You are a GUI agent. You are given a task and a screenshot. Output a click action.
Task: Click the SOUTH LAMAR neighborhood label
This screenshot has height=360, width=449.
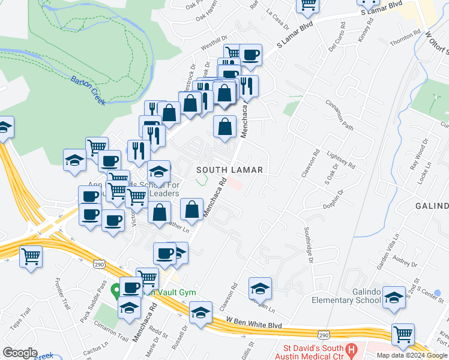pyautogui.click(x=231, y=170)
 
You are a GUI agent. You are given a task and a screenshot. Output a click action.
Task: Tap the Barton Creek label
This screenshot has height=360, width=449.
pyautogui.click(x=88, y=91)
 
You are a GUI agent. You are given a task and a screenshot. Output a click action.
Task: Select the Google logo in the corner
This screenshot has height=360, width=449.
pyautogui.click(x=20, y=352)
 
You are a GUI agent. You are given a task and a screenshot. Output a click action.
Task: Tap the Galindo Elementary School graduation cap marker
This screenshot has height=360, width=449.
pyautogui.click(x=394, y=297)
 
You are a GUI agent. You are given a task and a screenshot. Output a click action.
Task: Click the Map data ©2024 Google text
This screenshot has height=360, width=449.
pyautogui.click(x=411, y=355)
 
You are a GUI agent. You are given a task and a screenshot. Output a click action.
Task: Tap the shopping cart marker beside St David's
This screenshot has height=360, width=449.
pyautogui.click(x=403, y=334)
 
